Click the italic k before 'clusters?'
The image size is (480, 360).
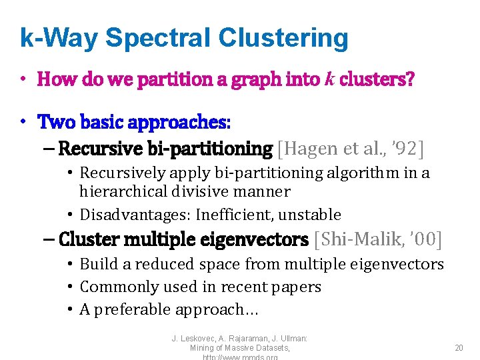click(329, 80)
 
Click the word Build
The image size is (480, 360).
click(96, 264)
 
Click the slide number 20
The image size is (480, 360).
click(459, 348)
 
